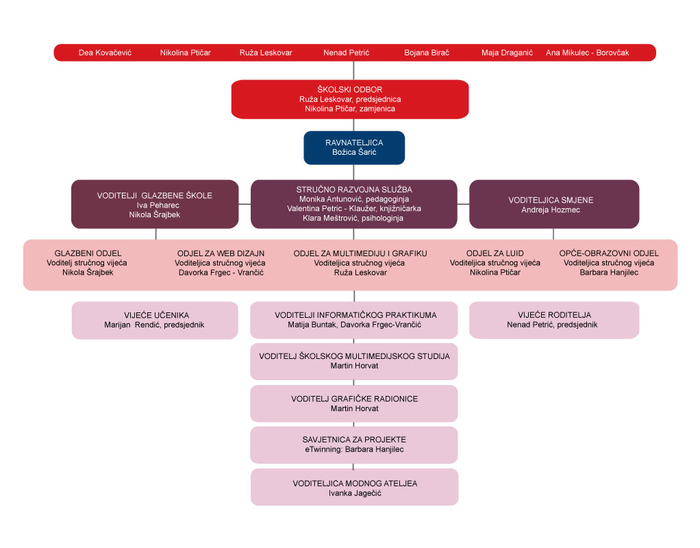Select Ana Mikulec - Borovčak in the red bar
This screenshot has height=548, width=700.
(x=587, y=53)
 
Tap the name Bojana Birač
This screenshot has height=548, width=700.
(x=426, y=53)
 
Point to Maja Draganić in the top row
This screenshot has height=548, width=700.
(x=507, y=53)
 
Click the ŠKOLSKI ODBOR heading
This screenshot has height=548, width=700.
(x=349, y=90)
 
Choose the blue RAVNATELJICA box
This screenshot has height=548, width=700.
(x=354, y=148)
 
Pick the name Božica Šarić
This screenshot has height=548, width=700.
(x=354, y=153)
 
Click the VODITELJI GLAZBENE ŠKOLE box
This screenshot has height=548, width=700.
(x=155, y=204)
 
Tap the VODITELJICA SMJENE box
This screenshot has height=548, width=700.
(x=553, y=204)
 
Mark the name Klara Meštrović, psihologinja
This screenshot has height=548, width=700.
(x=353, y=219)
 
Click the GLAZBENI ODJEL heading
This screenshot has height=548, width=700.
(x=86, y=253)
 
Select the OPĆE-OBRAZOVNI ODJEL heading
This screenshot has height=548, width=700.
(x=608, y=253)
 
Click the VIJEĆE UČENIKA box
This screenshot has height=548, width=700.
(x=155, y=320)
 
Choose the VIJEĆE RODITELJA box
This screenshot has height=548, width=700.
(x=553, y=320)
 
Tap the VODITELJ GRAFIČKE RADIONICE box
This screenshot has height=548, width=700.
(x=353, y=403)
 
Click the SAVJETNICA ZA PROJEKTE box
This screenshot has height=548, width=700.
(x=353, y=445)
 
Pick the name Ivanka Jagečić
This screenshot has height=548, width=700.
(x=353, y=493)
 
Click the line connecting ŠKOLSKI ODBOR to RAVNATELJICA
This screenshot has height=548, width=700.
(x=353, y=124)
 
